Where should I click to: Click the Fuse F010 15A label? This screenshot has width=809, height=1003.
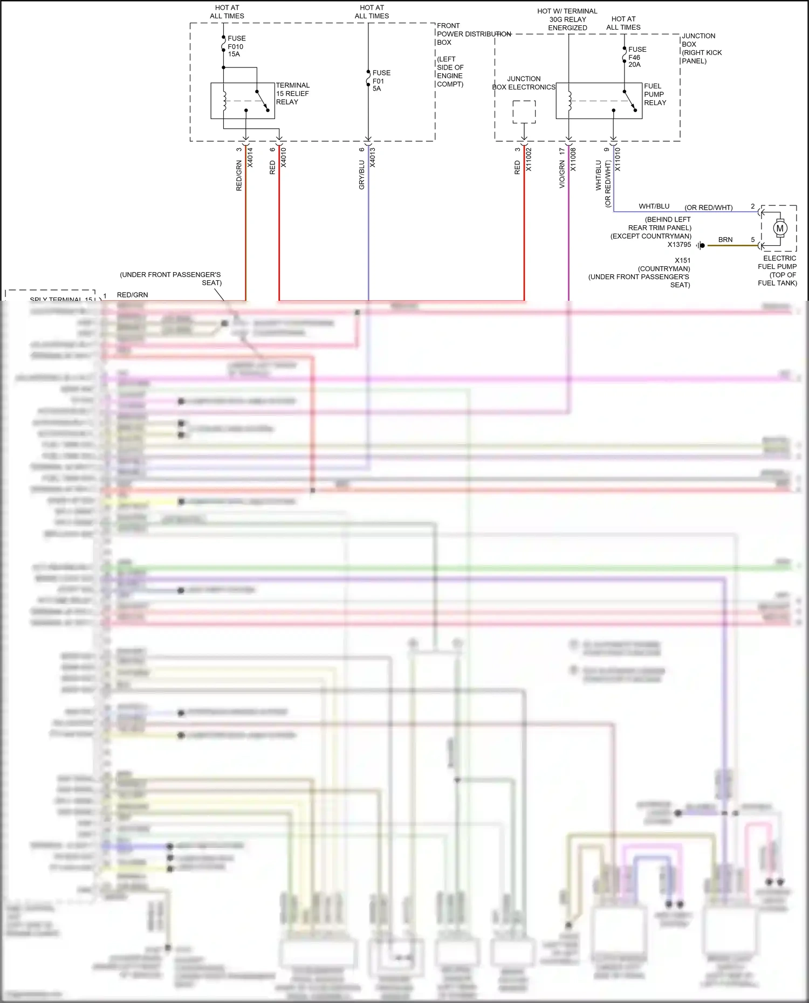[x=236, y=46]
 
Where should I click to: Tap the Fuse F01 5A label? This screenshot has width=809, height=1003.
[x=381, y=81]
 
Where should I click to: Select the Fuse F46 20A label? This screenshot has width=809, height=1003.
[x=636, y=57]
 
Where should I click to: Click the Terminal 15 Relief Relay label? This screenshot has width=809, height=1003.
[x=292, y=94]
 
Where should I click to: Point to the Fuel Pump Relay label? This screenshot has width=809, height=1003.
[x=655, y=94]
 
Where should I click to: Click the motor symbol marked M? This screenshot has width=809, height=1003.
[x=779, y=228]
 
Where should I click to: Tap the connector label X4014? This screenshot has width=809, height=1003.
[x=250, y=157]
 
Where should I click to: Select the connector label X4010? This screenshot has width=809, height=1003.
[x=284, y=157]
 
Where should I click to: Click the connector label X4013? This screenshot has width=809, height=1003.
[x=372, y=157]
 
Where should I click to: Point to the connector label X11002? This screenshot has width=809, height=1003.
[x=529, y=160]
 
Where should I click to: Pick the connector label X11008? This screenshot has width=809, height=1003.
[x=573, y=160]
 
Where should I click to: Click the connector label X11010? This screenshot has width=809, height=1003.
[x=618, y=160]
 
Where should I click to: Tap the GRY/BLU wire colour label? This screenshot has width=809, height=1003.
[x=362, y=175]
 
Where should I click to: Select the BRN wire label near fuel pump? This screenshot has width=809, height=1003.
[x=725, y=240]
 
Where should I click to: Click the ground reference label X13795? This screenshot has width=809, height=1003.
[x=679, y=245]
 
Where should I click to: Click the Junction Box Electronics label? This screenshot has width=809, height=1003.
[x=523, y=83]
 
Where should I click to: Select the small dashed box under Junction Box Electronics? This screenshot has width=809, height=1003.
[x=524, y=112]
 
